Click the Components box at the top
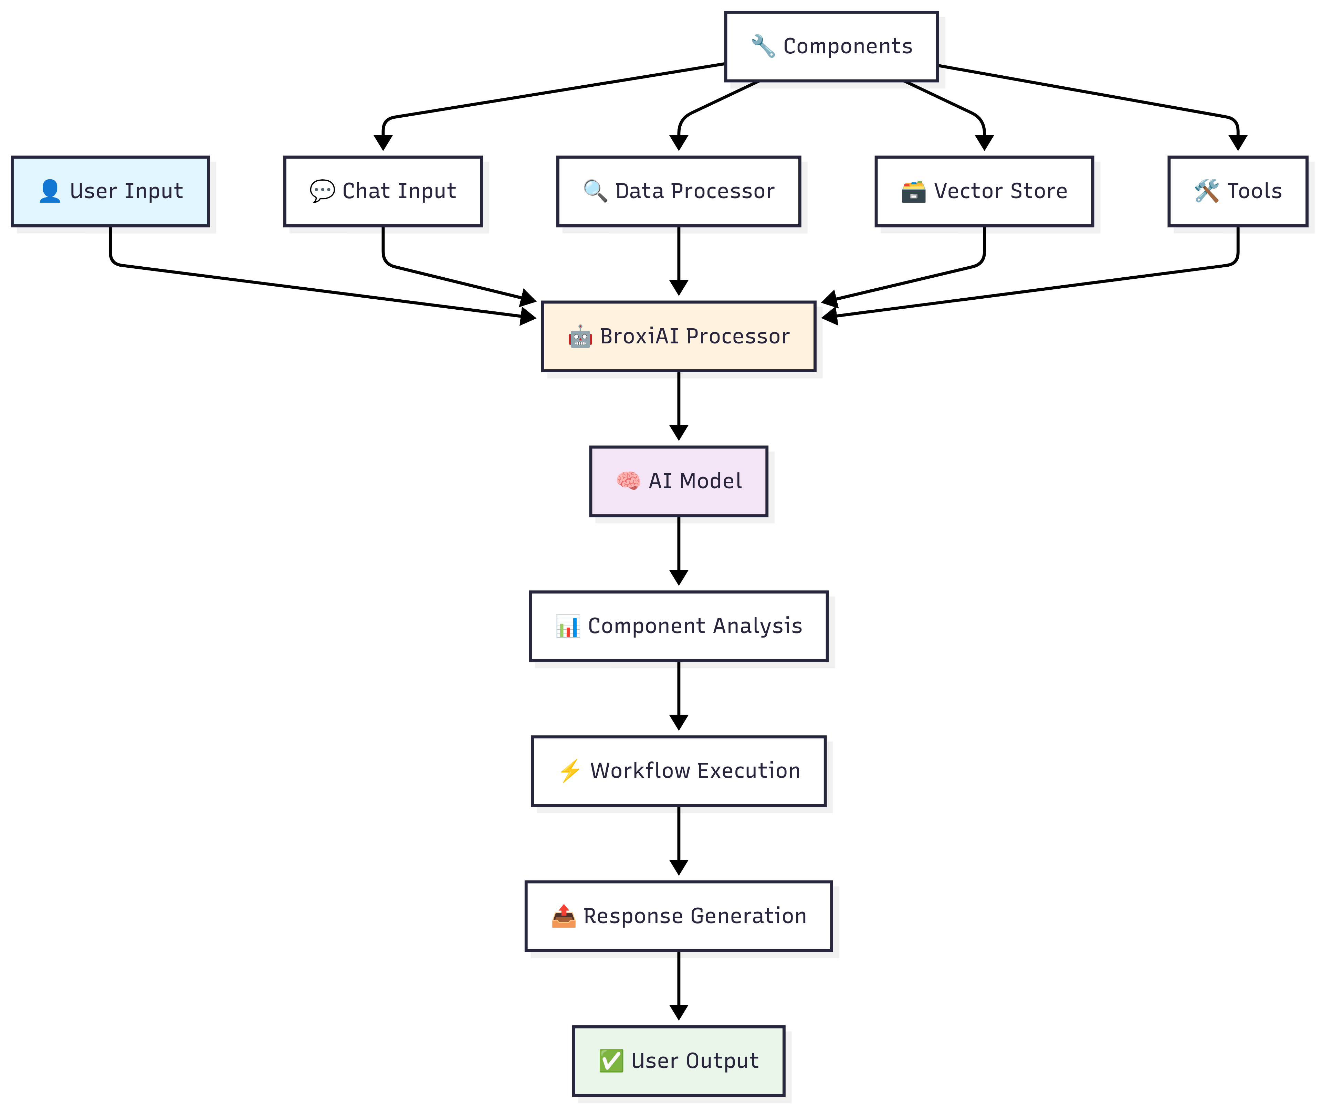(x=831, y=46)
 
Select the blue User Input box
(x=110, y=191)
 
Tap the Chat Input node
(x=383, y=191)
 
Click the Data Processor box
(x=679, y=191)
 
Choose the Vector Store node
(x=984, y=191)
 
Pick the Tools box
(x=1238, y=191)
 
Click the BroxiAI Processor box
(x=679, y=337)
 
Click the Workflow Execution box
(x=679, y=771)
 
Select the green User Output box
(x=679, y=1061)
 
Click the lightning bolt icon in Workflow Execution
(x=570, y=771)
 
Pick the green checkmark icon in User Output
(x=611, y=1061)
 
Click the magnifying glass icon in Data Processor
(x=595, y=191)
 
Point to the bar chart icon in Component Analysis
(x=568, y=626)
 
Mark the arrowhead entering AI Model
(x=679, y=433)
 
